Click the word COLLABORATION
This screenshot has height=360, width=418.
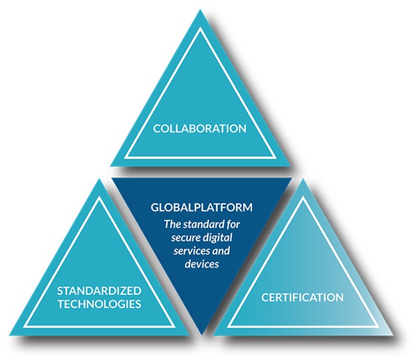(x=200, y=128)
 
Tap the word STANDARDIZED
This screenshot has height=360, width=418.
(x=98, y=291)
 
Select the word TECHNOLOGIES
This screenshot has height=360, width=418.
(x=98, y=304)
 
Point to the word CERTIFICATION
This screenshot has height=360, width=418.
(x=302, y=297)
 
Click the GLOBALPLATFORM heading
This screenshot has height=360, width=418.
(x=201, y=208)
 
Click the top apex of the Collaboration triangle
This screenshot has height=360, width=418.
(x=200, y=10)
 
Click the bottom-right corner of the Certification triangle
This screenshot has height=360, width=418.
(x=393, y=335)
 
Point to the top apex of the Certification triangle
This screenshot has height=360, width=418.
(x=303, y=178)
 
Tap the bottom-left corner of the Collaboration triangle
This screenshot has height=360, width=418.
(x=110, y=165)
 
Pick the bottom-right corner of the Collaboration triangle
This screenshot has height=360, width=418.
(x=290, y=165)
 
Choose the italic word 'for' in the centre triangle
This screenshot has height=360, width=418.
(x=236, y=223)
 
